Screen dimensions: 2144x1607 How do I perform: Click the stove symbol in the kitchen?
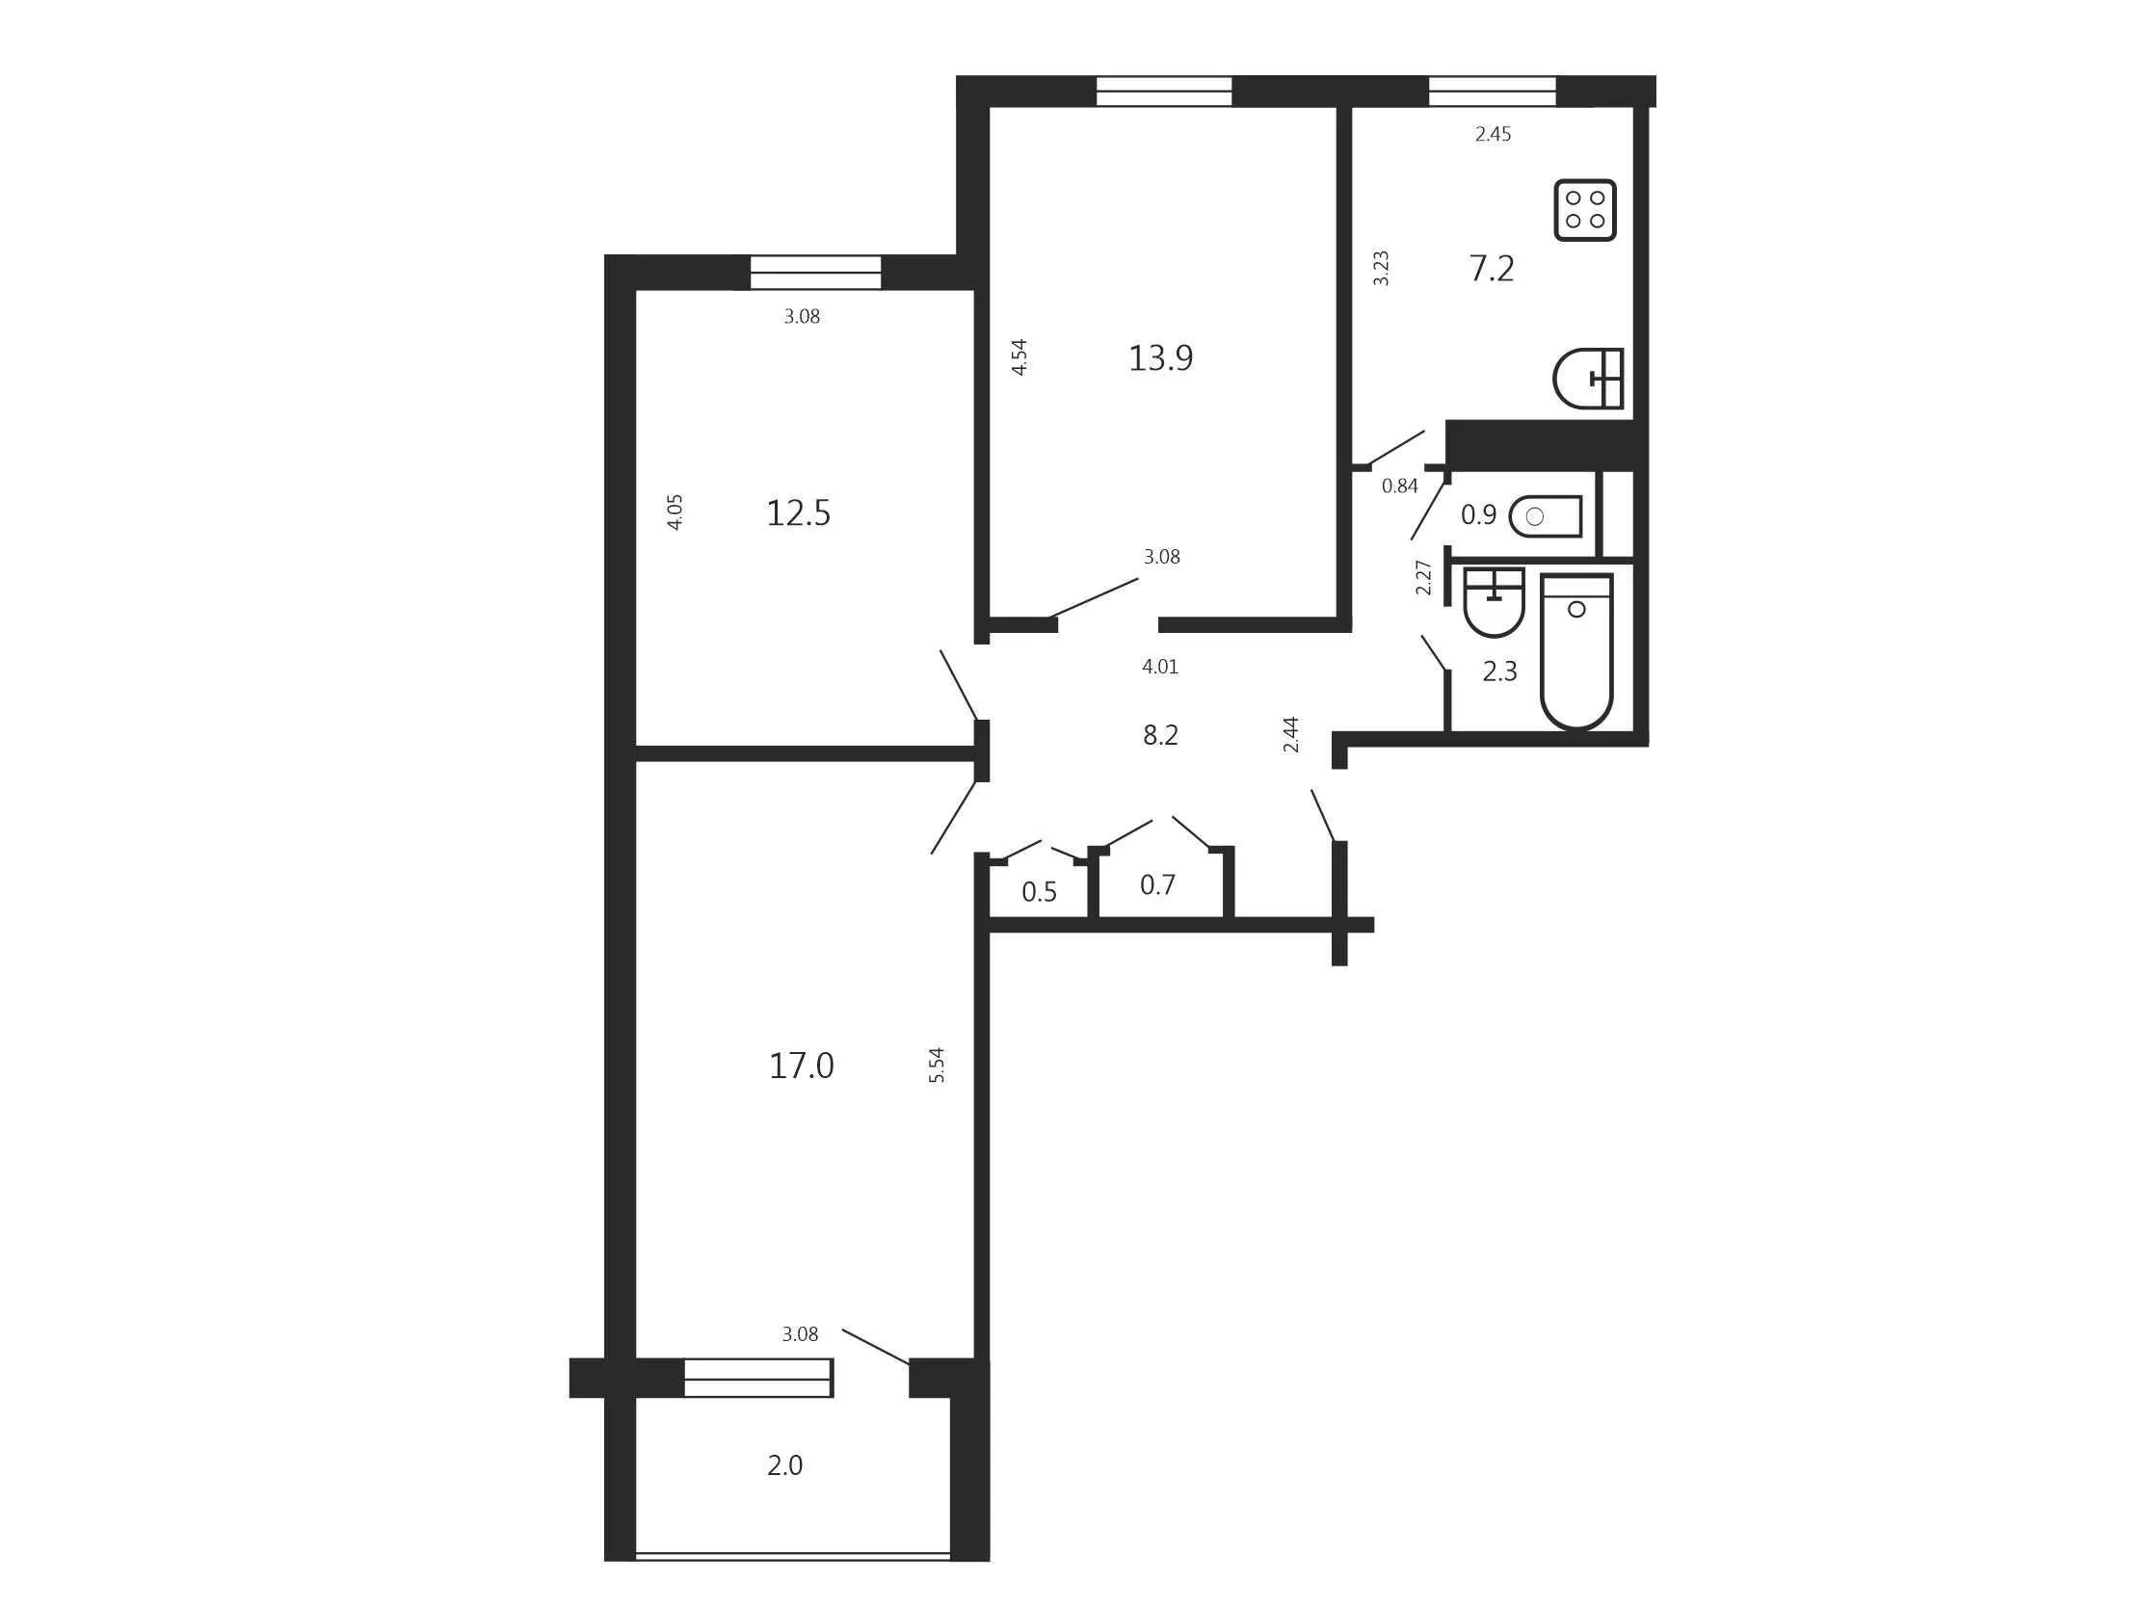coord(1585,209)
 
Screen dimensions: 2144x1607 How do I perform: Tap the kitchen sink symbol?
coord(1588,378)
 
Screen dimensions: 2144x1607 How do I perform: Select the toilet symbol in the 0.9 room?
coord(1546,516)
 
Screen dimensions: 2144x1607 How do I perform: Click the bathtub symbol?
coord(1576,650)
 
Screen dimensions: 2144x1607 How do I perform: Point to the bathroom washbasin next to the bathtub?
coord(1494,602)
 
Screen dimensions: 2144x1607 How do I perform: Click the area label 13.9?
coord(1160,358)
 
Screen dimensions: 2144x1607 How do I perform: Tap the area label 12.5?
coord(798,514)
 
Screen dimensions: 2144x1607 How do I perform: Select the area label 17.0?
coord(801,1067)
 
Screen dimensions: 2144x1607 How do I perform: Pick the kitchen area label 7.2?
coord(1492,269)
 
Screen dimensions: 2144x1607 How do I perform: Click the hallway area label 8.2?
coord(1160,736)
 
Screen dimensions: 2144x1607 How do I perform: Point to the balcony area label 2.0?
coord(784,1465)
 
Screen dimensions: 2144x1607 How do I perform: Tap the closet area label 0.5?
coord(1039,892)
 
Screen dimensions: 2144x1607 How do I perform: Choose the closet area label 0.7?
coord(1157,885)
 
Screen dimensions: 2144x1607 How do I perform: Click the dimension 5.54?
coord(937,1066)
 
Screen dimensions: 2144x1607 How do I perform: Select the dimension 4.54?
coord(1019,356)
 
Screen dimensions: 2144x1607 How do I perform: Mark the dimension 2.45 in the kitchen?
coord(1493,135)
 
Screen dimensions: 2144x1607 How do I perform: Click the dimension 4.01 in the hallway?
coord(1160,667)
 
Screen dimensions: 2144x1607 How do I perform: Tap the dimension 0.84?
coord(1399,487)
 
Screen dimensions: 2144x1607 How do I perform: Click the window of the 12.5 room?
coord(815,273)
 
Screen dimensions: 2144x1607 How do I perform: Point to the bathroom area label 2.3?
coord(1499,672)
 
